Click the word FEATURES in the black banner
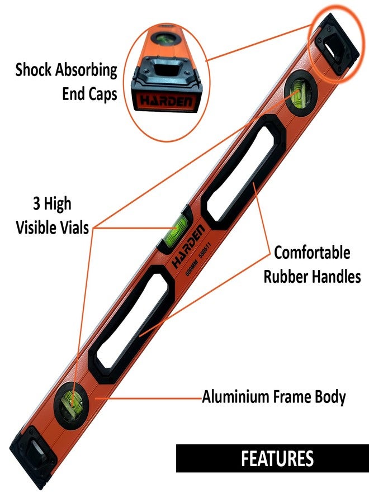pyautogui.click(x=277, y=458)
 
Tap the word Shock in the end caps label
pyautogui.click(x=34, y=69)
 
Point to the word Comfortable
pyautogui.click(x=312, y=253)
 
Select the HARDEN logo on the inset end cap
pyautogui.click(x=167, y=101)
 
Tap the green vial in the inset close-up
pyautogui.click(x=166, y=38)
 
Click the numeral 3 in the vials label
pyautogui.click(x=36, y=203)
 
